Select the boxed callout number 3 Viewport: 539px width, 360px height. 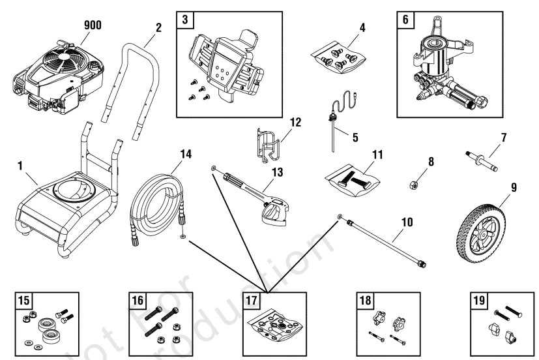(186, 20)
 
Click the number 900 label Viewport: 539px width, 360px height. (93, 25)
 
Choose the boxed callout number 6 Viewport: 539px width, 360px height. (405, 20)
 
